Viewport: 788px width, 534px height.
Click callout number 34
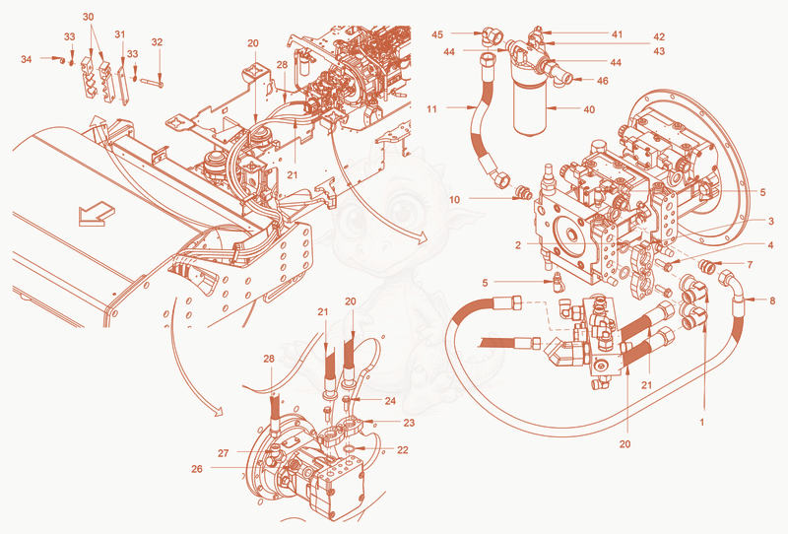[27, 59]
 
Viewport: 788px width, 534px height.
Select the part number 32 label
[157, 42]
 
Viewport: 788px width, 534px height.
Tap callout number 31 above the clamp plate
[119, 34]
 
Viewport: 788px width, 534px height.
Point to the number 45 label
[437, 34]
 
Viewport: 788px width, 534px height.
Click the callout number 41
[618, 34]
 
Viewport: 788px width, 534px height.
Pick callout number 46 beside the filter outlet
[602, 81]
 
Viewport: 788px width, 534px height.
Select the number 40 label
[589, 109]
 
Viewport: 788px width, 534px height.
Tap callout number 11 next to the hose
[432, 108]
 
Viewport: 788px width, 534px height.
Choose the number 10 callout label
[454, 200]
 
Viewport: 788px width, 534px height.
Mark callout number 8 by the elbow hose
[772, 300]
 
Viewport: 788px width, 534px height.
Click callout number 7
[750, 264]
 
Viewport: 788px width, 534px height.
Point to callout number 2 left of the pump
[518, 245]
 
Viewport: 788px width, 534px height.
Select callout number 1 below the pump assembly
[702, 423]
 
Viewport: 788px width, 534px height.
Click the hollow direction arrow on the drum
[97, 213]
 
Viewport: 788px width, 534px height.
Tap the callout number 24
[390, 401]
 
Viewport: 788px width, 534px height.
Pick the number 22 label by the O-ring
[403, 450]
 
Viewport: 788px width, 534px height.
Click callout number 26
[197, 469]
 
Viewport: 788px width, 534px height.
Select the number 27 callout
[224, 453]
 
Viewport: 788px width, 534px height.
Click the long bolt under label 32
[153, 82]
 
